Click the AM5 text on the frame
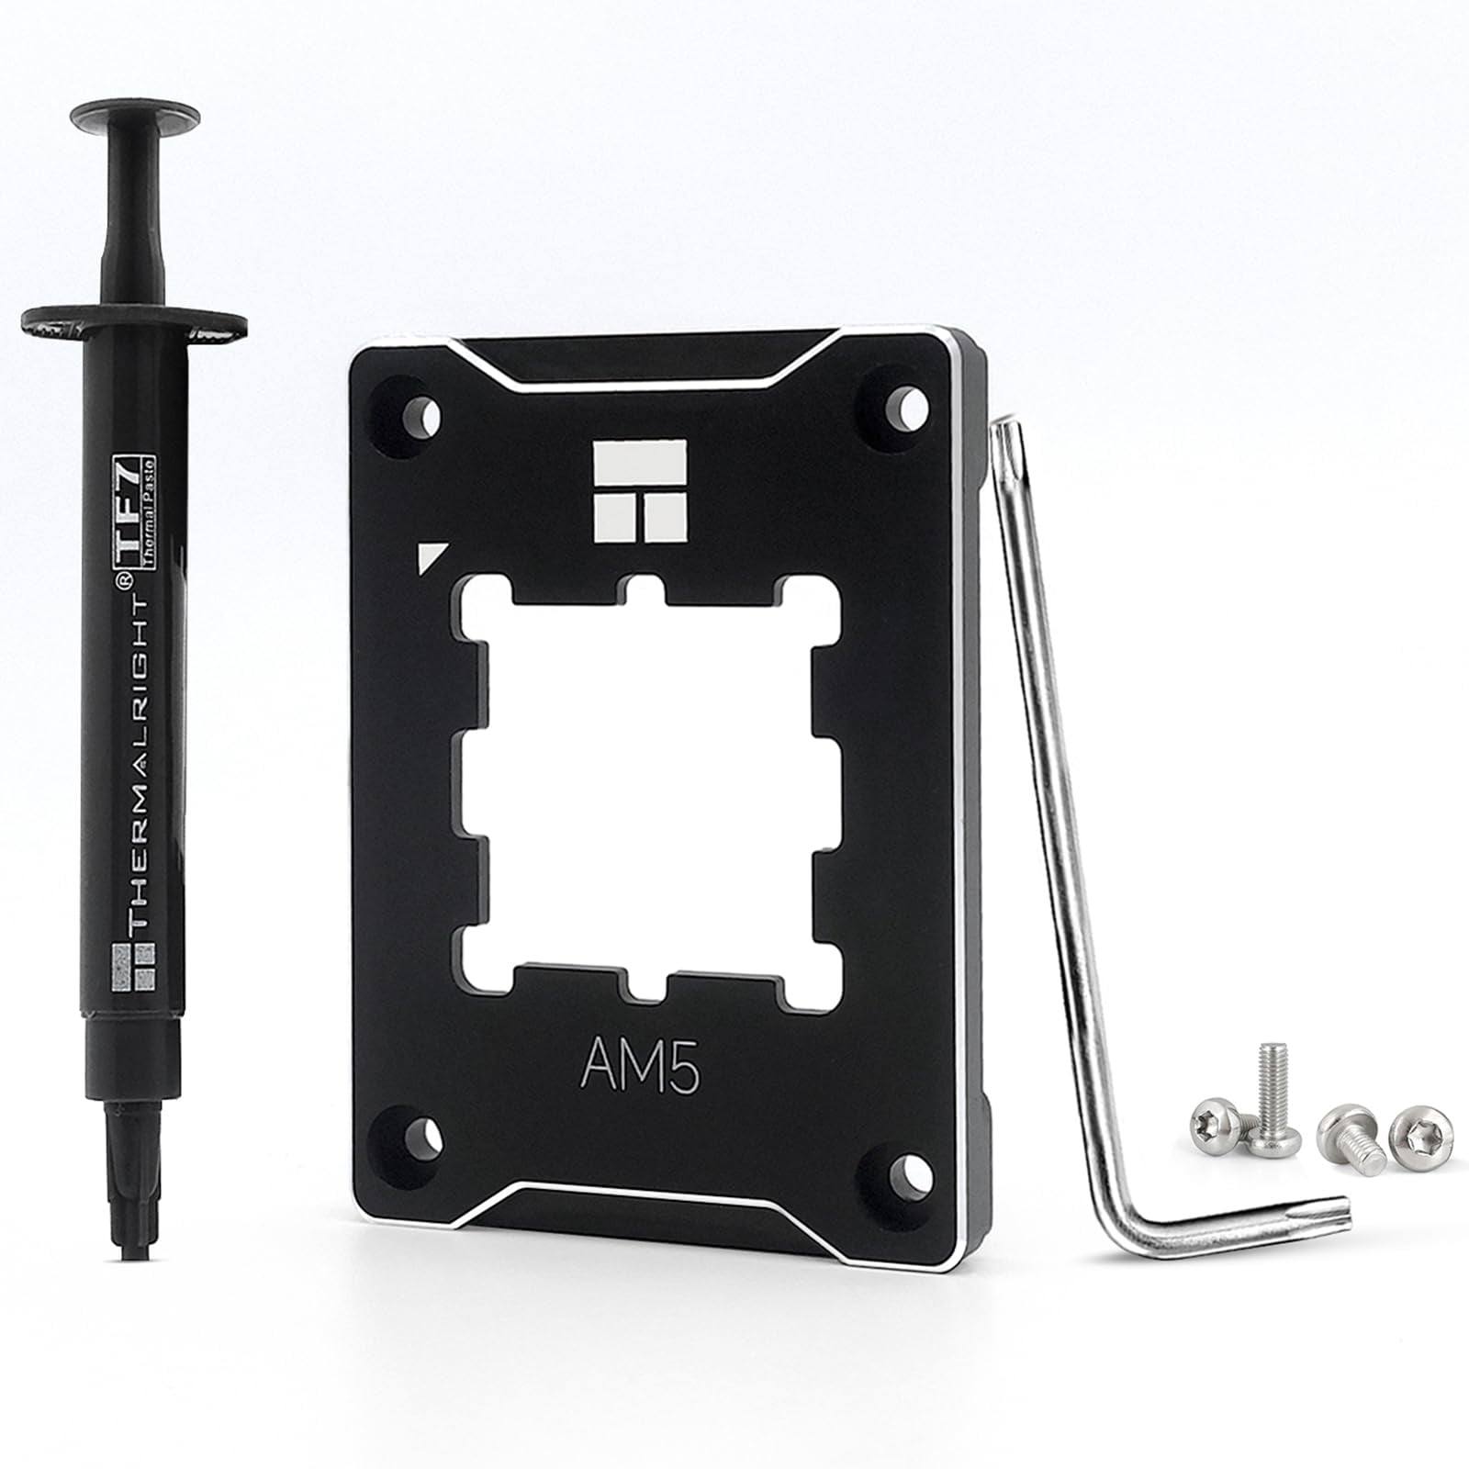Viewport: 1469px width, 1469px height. tap(640, 1065)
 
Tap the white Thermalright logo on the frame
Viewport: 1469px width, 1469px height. tap(640, 487)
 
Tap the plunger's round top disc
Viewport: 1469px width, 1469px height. tap(136, 116)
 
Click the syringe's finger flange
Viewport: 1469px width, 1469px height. tap(134, 324)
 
